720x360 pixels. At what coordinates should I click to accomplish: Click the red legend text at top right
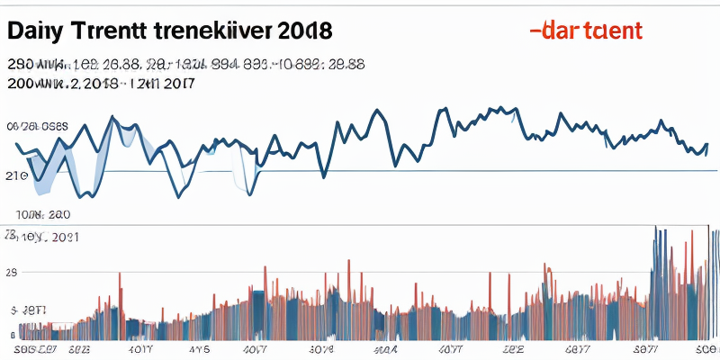tap(595, 30)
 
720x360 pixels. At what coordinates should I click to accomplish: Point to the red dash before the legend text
tap(535, 30)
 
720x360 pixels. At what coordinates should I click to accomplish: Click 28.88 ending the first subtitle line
tap(344, 66)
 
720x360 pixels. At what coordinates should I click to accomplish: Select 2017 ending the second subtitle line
tap(179, 85)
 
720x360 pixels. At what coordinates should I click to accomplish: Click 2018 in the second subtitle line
tap(100, 85)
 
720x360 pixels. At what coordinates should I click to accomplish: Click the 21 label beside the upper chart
tap(15, 175)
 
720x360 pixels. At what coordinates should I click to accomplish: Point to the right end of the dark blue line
tap(707, 144)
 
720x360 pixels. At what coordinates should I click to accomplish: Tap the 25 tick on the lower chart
tap(12, 271)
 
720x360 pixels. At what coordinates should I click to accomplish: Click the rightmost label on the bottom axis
tap(706, 346)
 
